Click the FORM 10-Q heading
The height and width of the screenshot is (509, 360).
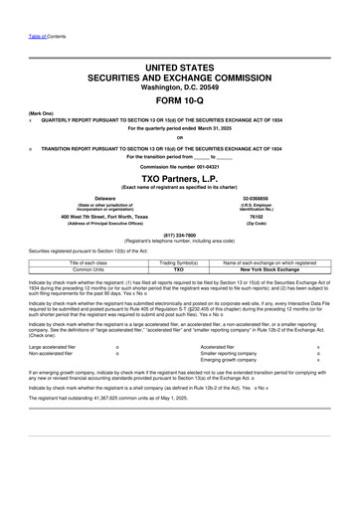179,101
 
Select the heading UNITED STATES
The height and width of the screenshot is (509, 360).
179,66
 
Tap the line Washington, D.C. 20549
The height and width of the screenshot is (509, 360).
179,86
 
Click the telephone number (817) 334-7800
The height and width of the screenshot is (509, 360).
179,236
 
